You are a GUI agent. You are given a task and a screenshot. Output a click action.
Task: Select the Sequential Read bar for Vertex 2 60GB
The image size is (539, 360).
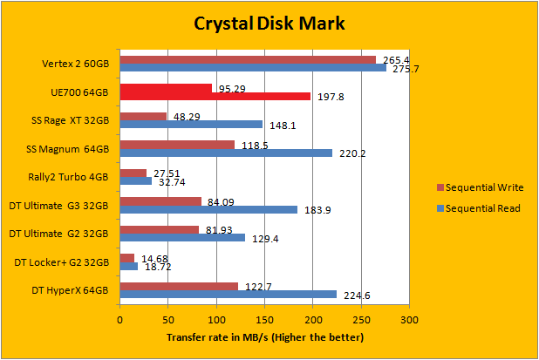pyautogui.click(x=253, y=67)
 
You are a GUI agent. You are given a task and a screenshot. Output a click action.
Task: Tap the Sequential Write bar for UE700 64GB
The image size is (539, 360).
pyautogui.click(x=166, y=88)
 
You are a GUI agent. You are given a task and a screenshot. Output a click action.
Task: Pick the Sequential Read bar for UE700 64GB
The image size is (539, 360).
pyautogui.click(x=215, y=96)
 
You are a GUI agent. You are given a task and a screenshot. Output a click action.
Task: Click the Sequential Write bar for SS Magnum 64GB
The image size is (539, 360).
pyautogui.click(x=177, y=145)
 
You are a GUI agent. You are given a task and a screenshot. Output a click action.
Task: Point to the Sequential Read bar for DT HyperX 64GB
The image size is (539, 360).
pyautogui.click(x=228, y=294)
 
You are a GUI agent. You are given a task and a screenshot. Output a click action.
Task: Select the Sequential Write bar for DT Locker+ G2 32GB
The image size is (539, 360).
pyautogui.click(x=127, y=258)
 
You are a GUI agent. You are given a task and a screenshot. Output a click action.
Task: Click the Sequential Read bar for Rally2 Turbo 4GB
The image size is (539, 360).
pyautogui.click(x=135, y=181)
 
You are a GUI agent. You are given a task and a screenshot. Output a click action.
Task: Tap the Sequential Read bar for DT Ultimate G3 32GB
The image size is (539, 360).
pyautogui.click(x=208, y=209)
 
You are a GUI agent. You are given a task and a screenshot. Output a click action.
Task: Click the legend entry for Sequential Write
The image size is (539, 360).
pyautogui.click(x=478, y=187)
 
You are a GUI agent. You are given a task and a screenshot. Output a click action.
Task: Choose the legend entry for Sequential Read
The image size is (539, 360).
pyautogui.click(x=478, y=208)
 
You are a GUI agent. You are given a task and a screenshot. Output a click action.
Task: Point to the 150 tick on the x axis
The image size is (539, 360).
pyautogui.click(x=264, y=320)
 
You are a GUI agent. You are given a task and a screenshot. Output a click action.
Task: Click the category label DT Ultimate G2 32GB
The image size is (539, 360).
pyautogui.click(x=58, y=233)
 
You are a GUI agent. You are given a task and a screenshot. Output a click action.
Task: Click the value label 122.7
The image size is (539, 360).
pyautogui.click(x=255, y=286)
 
